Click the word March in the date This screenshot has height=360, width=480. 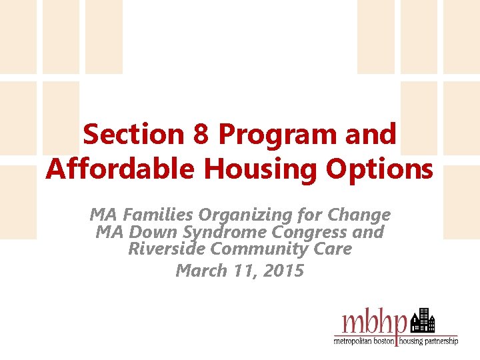(198, 271)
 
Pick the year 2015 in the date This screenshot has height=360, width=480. (282, 271)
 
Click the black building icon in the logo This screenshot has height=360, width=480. (423, 322)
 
